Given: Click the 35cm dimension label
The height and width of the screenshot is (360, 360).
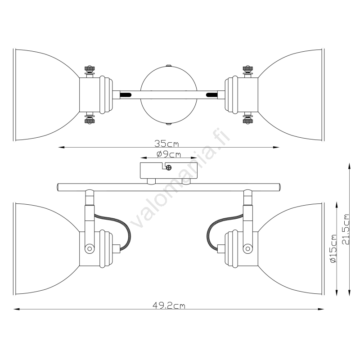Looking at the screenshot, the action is pyautogui.click(x=166, y=144).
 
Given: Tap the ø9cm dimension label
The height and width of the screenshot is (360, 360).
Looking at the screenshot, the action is pyautogui.click(x=169, y=154).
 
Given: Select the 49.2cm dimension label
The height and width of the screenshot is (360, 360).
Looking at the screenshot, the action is pyautogui.click(x=169, y=306).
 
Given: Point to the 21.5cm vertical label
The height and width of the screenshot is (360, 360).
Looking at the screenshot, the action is pyautogui.click(x=345, y=229).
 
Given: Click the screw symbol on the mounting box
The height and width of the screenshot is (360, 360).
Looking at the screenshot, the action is pyautogui.click(x=169, y=167).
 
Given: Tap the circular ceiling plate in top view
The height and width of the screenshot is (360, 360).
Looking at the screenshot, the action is pyautogui.click(x=169, y=95).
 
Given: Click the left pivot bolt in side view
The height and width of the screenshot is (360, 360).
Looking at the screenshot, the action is pyautogui.click(x=90, y=248).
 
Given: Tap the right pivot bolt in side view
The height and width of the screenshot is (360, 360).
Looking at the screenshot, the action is pyautogui.click(x=247, y=248).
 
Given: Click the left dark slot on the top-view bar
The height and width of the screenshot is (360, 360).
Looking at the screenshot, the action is pyautogui.click(x=125, y=94).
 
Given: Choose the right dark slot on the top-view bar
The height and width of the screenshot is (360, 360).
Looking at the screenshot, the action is pyautogui.click(x=212, y=94).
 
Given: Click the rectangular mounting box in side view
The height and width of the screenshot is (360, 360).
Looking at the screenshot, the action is pyautogui.click(x=169, y=171).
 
